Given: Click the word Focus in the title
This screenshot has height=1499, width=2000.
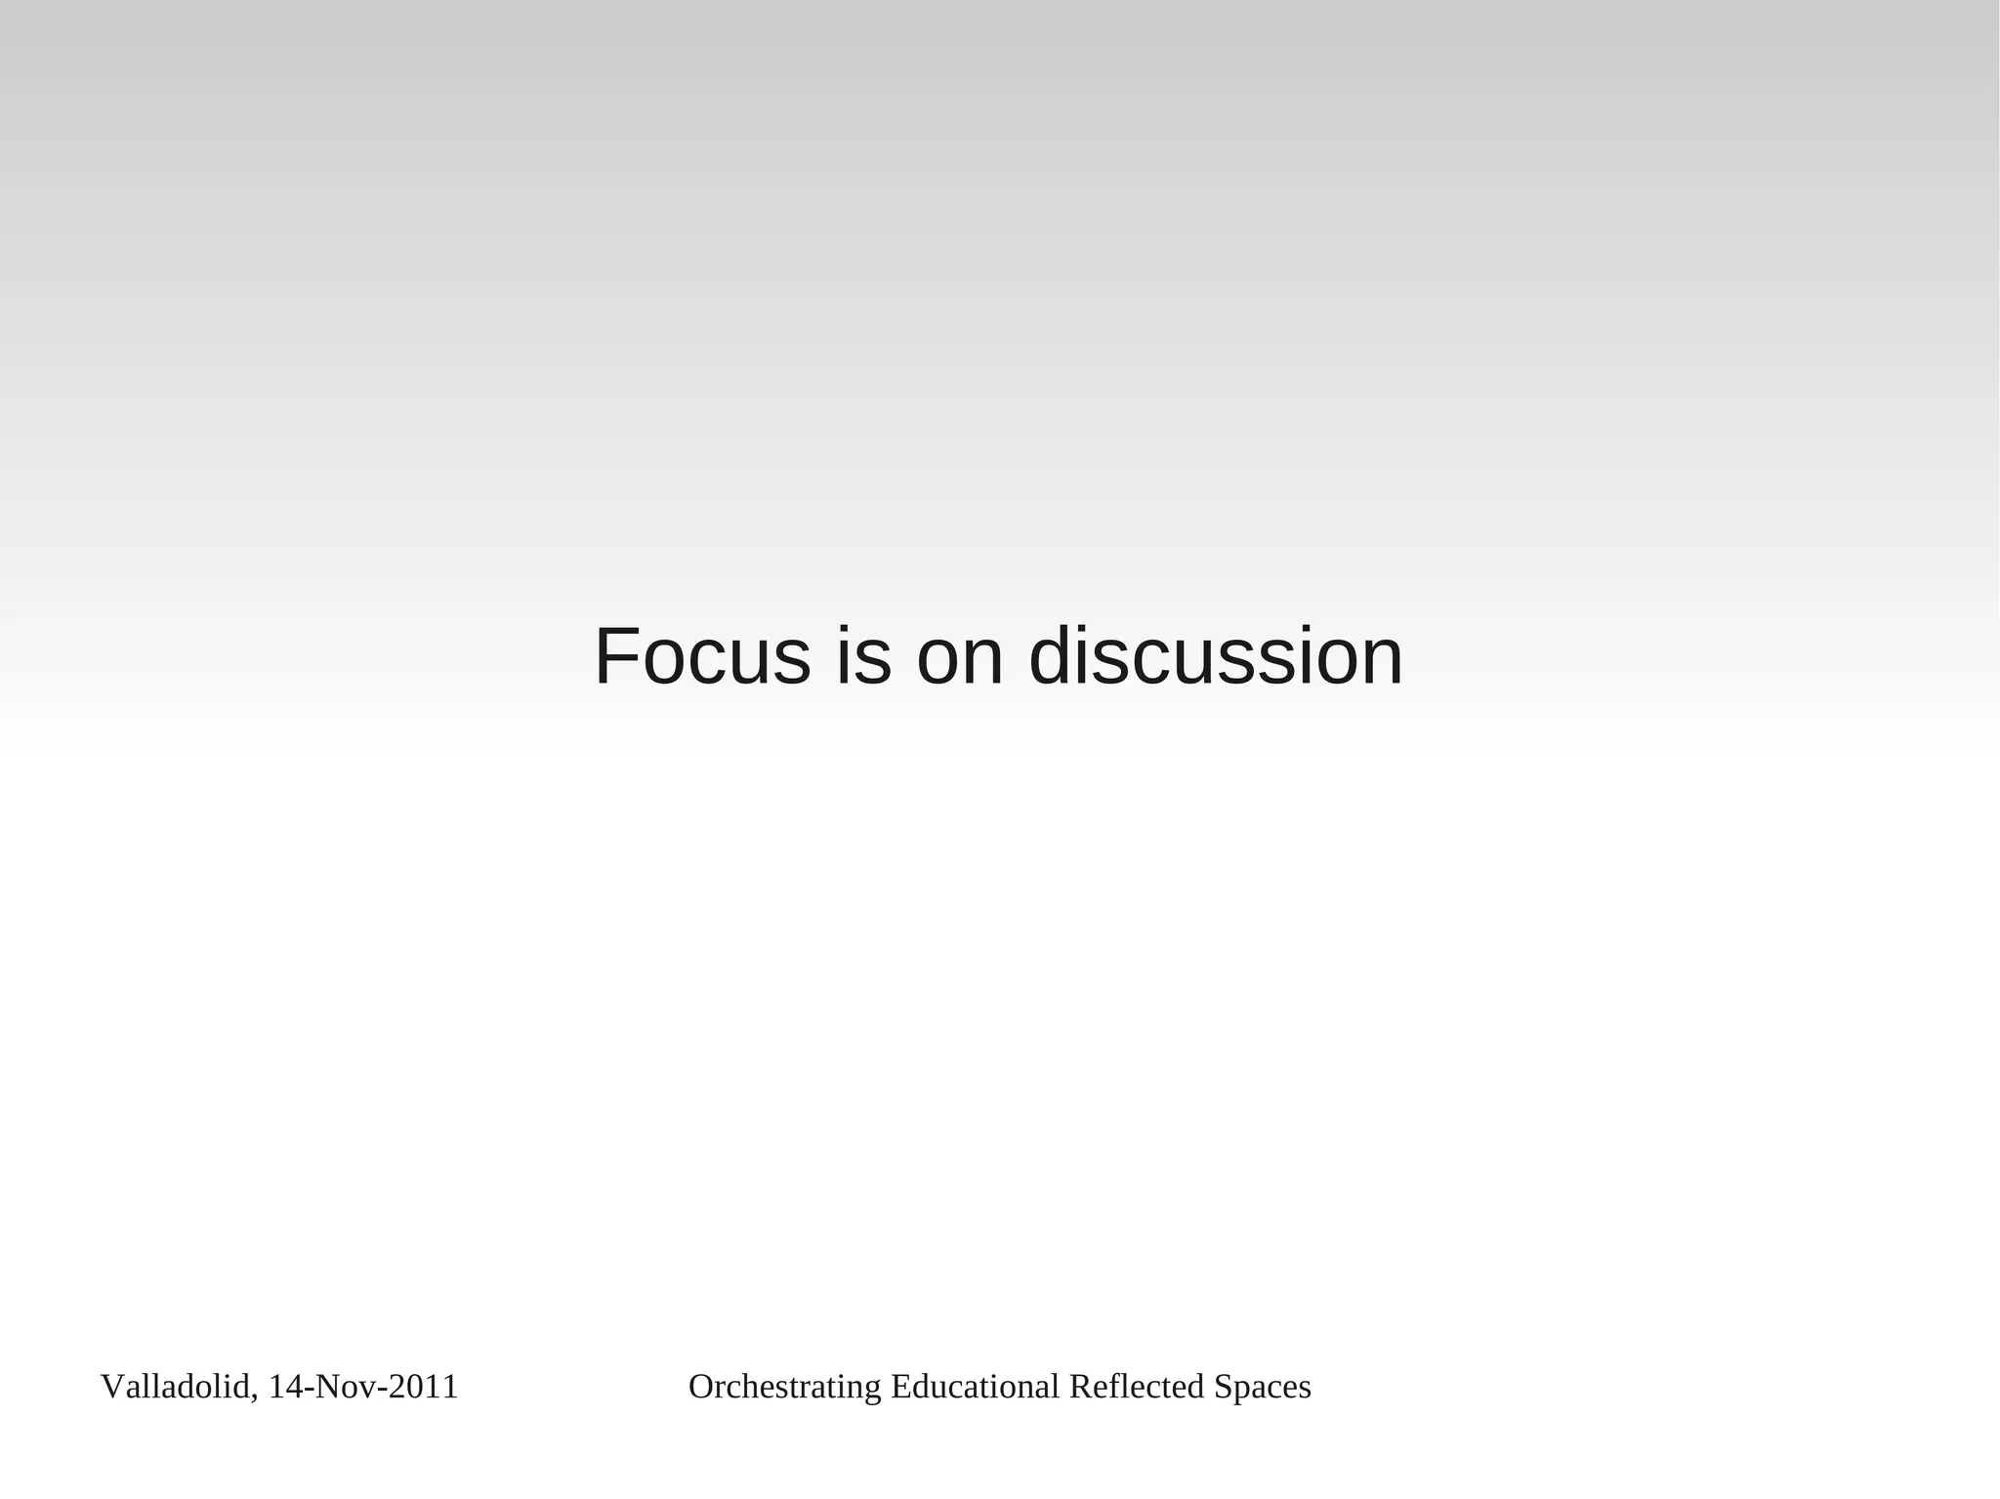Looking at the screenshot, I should tap(702, 656).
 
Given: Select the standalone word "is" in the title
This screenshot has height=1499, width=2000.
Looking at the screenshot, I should tap(863, 656).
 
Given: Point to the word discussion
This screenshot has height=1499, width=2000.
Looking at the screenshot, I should tap(1216, 656).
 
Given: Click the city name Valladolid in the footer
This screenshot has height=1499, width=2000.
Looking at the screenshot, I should tap(176, 1387).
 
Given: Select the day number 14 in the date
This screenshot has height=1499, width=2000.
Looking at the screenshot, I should tap(284, 1387).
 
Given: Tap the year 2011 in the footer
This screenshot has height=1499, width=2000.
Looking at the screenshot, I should tap(423, 1387).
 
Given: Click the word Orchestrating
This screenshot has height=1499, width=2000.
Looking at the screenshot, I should tap(784, 1387).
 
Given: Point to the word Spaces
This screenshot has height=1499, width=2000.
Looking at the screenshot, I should tap(1263, 1387).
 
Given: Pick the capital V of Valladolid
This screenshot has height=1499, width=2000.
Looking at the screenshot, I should tap(111, 1387).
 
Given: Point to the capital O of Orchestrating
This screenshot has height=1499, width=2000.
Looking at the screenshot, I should tap(700, 1387).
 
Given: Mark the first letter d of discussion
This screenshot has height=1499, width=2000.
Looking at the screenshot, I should tap(1052, 656).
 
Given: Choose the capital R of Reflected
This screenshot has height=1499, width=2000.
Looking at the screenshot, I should tap(1080, 1387).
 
